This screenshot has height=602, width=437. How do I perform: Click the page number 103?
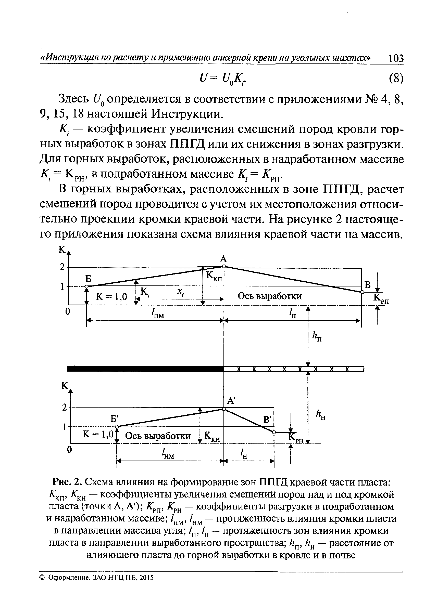click(x=396, y=58)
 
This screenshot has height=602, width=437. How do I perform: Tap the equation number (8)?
click(x=396, y=79)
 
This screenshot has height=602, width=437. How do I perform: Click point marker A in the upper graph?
click(x=224, y=267)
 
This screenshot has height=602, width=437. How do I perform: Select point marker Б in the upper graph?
click(x=86, y=286)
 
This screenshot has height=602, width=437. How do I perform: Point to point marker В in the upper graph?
click(x=362, y=292)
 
